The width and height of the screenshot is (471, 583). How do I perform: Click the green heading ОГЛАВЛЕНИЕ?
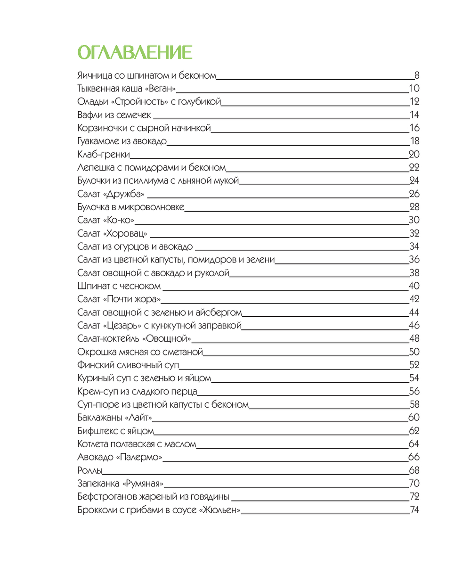tap(135, 52)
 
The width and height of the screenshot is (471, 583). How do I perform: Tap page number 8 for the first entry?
tap(416, 75)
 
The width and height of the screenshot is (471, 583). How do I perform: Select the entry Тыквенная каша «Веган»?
tap(126, 88)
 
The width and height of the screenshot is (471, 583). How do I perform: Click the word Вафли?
tap(89, 115)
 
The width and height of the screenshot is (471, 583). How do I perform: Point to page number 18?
tap(414, 141)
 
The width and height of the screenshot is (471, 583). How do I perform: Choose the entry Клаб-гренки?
tap(104, 154)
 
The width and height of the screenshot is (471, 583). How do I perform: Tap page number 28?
tap(414, 207)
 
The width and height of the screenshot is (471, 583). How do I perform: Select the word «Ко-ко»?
tap(119, 220)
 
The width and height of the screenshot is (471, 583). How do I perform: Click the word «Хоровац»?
tap(125, 233)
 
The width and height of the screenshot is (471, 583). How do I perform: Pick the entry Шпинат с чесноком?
tap(119, 286)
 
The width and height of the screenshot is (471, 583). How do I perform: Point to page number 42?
tap(414, 299)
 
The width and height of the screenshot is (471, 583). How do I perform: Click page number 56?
tap(414, 391)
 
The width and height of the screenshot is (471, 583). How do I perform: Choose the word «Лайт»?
tap(138, 418)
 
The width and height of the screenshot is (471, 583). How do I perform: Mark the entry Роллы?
tap(90, 470)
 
